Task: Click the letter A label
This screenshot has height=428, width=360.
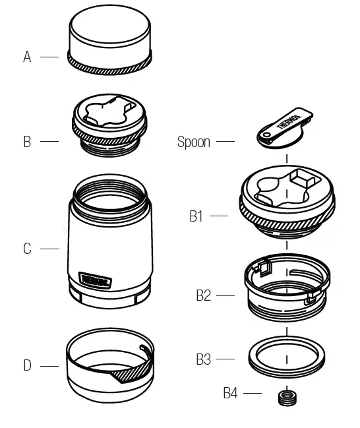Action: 27,57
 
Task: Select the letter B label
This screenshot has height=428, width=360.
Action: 27,142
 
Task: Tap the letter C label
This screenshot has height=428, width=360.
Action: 27,249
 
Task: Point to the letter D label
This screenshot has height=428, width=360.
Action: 27,365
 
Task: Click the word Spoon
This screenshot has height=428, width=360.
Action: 194,142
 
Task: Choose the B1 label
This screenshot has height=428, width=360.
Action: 196,216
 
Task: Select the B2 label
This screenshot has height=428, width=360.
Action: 203,295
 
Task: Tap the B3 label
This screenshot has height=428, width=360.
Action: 203,359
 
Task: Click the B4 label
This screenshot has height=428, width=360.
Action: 229,394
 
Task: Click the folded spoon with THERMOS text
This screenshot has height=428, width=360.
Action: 284,127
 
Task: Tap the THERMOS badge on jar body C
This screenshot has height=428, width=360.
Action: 96,281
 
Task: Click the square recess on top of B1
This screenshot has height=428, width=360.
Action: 305,179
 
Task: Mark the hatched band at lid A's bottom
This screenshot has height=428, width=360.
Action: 109,65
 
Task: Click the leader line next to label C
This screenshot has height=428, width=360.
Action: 49,249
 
